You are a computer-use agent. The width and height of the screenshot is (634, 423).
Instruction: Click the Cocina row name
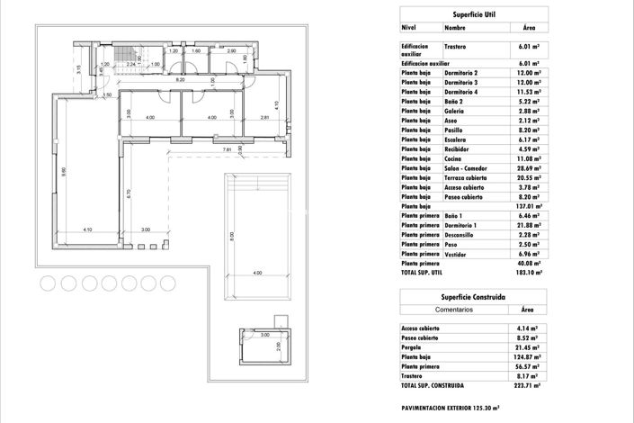[455, 158]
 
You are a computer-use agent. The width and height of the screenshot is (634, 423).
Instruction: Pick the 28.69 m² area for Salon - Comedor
[529, 168]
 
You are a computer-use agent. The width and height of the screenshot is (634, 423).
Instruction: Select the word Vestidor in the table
[458, 254]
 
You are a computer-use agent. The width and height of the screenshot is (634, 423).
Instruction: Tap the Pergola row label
[413, 346]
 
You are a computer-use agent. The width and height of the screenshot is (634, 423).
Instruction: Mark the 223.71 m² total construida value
[527, 384]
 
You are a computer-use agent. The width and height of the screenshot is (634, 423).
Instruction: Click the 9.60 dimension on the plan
[64, 171]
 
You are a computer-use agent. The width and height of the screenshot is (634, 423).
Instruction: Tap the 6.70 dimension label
[129, 193]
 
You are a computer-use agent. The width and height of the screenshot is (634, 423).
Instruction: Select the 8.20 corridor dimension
[180, 81]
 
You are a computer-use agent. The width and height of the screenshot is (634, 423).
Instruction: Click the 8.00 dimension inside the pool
[231, 237]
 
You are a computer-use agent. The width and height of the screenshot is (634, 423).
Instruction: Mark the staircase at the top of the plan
[138, 55]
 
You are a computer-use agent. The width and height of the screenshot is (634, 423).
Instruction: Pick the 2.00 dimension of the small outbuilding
[278, 346]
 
